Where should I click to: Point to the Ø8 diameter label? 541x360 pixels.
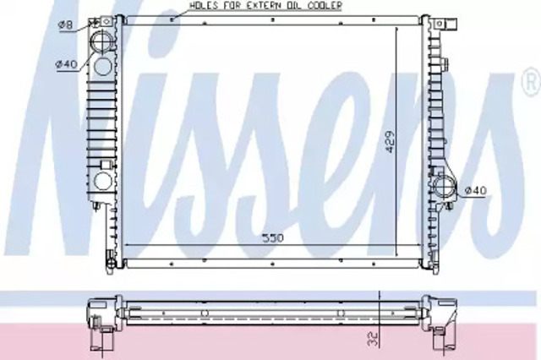click(65, 25)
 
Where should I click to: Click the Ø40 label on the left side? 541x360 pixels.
click(67, 63)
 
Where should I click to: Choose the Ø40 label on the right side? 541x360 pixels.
click(476, 190)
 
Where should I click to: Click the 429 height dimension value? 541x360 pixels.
click(390, 141)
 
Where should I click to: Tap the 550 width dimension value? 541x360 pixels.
click(272, 238)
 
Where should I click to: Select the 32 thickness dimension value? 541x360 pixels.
click(373, 339)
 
